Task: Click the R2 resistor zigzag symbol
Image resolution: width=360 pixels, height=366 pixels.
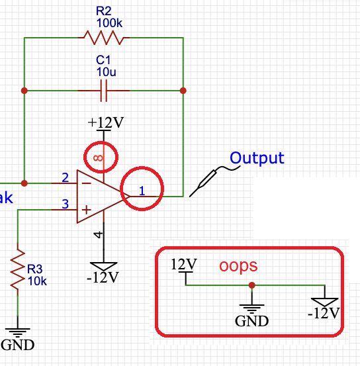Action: point(102,38)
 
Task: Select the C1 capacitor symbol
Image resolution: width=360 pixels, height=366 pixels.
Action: point(103,91)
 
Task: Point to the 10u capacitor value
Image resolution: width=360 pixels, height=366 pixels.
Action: point(103,71)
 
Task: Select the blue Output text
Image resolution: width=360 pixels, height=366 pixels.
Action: point(257,158)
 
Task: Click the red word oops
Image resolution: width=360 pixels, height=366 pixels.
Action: point(238,265)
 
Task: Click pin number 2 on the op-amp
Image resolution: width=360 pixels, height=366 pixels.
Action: point(65,177)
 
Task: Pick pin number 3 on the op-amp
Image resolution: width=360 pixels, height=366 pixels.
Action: point(65,205)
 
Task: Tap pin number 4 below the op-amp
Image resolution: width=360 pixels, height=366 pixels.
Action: point(98,234)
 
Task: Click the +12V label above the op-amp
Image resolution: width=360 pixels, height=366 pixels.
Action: point(105,123)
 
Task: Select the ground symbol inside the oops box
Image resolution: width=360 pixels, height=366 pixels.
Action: point(252,307)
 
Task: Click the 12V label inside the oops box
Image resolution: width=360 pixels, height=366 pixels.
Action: point(183,264)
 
